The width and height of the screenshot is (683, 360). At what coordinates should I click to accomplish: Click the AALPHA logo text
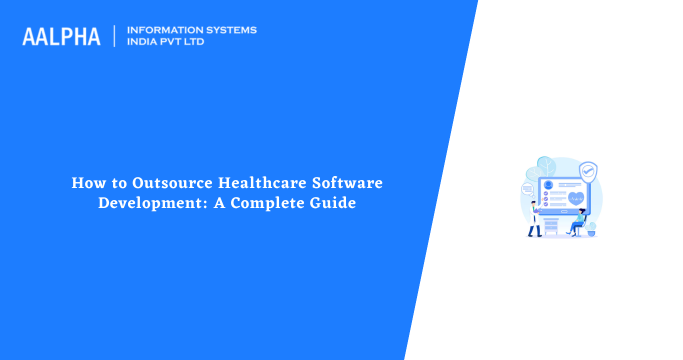61,36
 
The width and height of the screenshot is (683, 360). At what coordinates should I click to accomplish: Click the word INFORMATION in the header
168,29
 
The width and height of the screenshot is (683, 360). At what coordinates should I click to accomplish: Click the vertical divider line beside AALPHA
115,36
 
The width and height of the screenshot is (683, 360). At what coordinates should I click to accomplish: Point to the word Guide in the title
334,203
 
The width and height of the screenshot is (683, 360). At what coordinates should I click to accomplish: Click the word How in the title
85,184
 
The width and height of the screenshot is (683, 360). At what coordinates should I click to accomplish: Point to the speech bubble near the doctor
526,189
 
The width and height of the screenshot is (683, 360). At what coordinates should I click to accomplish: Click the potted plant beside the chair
593,228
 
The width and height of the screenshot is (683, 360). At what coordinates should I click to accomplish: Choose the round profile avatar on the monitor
548,185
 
